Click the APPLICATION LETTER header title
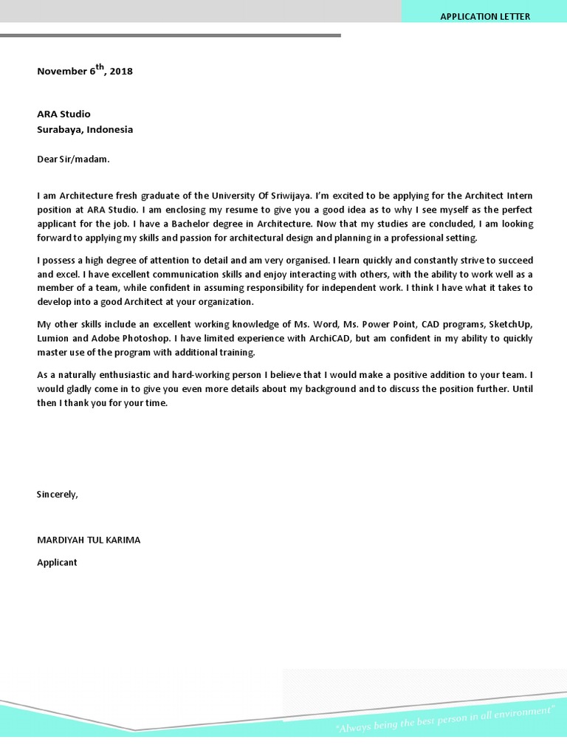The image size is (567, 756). pos(485,16)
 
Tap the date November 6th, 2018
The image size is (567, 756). pos(85,71)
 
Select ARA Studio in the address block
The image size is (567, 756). pos(64,114)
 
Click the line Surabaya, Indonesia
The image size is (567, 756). pos(85,129)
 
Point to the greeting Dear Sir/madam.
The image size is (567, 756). pos(73,158)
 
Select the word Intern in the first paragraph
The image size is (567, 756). pos(518,196)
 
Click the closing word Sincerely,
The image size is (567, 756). pos(58,494)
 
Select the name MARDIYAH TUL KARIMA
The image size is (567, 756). pos(89,540)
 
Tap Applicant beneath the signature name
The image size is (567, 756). pos(57,563)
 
